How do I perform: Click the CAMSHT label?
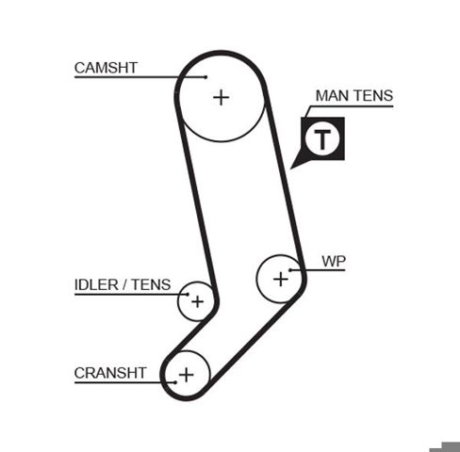(106, 68)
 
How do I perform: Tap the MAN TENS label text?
(354, 96)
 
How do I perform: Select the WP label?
(334, 262)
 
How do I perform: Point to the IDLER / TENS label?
(123, 285)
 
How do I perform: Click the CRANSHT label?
(110, 373)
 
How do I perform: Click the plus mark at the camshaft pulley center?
(222, 97)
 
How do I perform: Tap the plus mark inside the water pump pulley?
(281, 279)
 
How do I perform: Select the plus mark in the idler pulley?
(197, 302)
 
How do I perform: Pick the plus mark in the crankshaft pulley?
(186, 375)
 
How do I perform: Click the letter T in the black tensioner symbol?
(322, 139)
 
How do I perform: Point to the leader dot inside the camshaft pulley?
(205, 77)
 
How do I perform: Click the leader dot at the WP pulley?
(290, 270)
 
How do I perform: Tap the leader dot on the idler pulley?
(188, 295)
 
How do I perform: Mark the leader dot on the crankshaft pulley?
(175, 382)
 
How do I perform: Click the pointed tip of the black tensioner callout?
(290, 169)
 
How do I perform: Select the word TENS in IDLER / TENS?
(151, 285)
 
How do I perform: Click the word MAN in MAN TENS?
(331, 96)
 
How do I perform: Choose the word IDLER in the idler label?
(96, 285)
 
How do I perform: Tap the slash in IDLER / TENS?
(125, 285)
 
